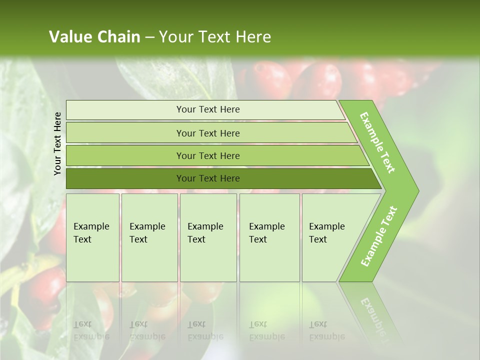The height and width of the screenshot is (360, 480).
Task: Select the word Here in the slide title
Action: pyautogui.click(x=253, y=37)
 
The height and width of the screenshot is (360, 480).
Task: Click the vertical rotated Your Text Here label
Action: pyautogui.click(x=57, y=143)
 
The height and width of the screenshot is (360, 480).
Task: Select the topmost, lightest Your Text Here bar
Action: pyautogui.click(x=207, y=109)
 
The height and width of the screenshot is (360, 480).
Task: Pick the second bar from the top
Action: pyautogui.click(x=207, y=133)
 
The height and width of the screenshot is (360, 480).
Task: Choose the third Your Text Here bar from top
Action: pyautogui.click(x=207, y=155)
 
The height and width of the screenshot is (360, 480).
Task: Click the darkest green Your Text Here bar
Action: pyautogui.click(x=207, y=178)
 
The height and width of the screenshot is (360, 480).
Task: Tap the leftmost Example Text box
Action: pyautogui.click(x=92, y=237)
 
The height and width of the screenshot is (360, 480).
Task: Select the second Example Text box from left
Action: pyautogui.click(x=149, y=237)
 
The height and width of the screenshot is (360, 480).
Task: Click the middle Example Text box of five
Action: pyautogui.click(x=208, y=237)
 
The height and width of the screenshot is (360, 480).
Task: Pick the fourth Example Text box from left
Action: pyautogui.click(x=269, y=237)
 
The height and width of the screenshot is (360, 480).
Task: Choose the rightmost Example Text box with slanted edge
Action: pyautogui.click(x=330, y=237)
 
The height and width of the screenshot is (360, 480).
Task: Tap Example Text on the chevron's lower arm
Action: pyautogui.click(x=379, y=236)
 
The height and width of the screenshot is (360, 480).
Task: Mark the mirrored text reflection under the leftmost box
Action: pyautogui.click(x=91, y=330)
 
